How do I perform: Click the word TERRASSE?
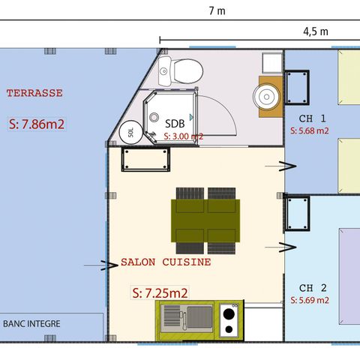[x=34, y=94]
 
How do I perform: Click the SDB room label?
[x=175, y=123]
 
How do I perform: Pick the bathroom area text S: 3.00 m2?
[x=183, y=136]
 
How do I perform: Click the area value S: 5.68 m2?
[x=310, y=130]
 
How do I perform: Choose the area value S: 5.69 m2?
[x=310, y=300]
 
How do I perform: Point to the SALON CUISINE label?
[x=166, y=263]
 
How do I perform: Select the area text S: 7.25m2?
[x=159, y=292]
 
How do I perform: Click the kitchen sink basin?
[x=177, y=316]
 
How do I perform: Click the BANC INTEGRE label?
[x=31, y=325]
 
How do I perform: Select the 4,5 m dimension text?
[x=315, y=31]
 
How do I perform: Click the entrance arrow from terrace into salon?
[x=94, y=264]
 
